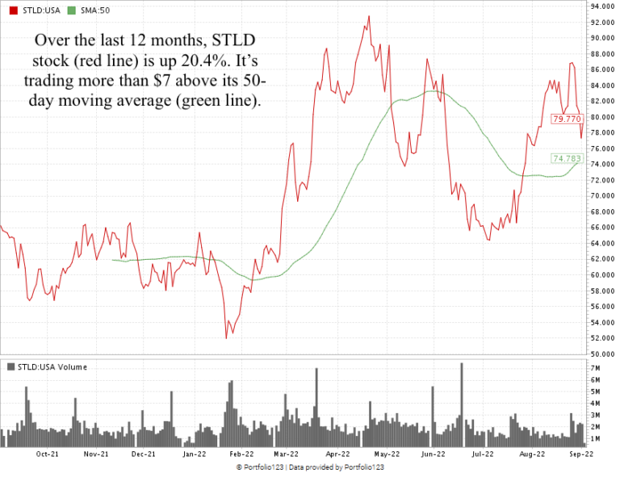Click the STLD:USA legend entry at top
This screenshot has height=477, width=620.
pyautogui.click(x=33, y=7)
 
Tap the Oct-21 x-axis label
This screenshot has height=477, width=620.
pyautogui.click(x=48, y=454)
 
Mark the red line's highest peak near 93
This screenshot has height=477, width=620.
pyautogui.click(x=369, y=16)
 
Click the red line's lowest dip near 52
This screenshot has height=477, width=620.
pyautogui.click(x=226, y=337)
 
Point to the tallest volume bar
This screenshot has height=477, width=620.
pyautogui.click(x=462, y=364)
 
